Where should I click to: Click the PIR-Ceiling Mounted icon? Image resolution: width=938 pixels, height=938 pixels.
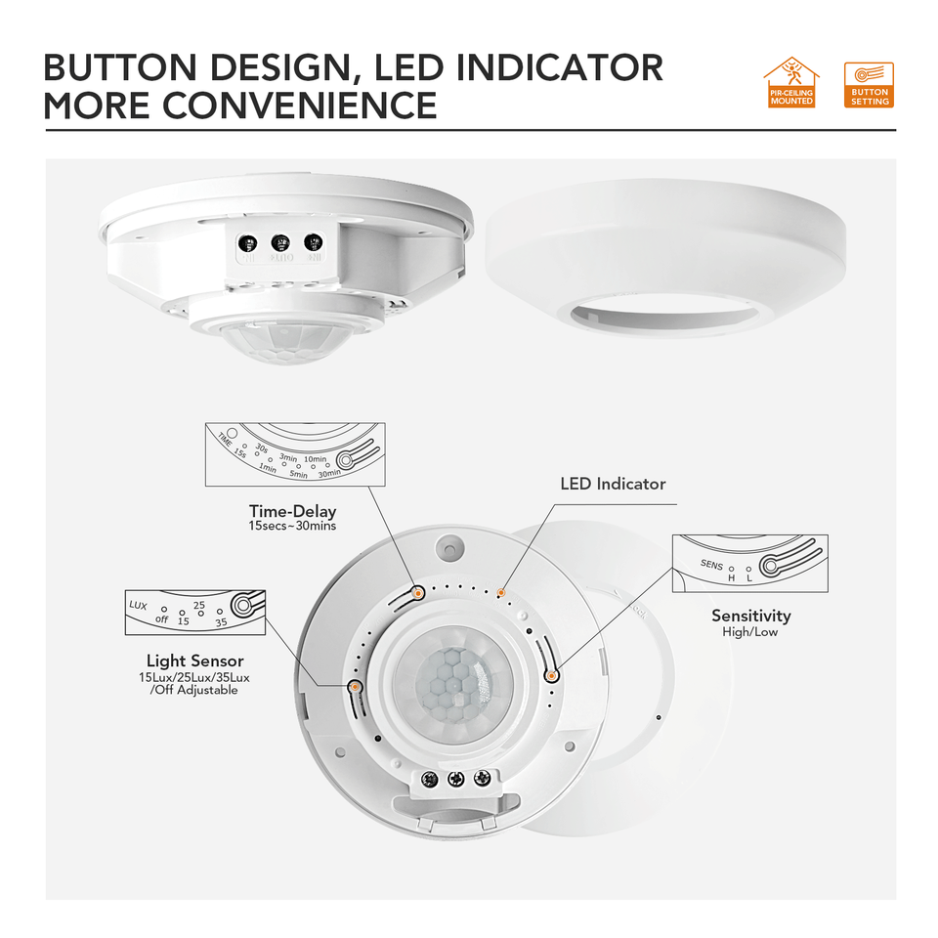point(791,83)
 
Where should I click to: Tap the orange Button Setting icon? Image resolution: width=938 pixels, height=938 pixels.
point(869,85)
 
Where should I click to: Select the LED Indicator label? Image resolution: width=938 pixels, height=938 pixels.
point(613,484)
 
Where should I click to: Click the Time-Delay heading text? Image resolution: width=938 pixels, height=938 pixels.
point(292,510)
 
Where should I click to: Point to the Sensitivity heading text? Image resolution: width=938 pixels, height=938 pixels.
point(750,616)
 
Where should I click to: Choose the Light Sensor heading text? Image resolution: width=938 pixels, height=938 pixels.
point(194,661)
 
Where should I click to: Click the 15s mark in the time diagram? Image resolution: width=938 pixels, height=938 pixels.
point(239,452)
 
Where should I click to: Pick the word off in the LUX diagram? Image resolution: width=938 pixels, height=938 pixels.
point(162,619)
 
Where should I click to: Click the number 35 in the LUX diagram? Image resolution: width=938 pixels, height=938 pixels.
point(221,621)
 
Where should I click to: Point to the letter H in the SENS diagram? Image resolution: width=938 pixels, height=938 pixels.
point(731,578)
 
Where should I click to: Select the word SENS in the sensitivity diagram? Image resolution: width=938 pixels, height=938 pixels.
point(711,564)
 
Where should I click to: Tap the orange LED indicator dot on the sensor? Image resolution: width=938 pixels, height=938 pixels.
point(502,592)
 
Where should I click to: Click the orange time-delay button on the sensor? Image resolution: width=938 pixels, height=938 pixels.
point(417,592)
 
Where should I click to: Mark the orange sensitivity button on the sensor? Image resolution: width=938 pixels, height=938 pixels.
point(552,674)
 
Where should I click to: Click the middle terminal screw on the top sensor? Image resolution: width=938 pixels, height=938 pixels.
point(280,240)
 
